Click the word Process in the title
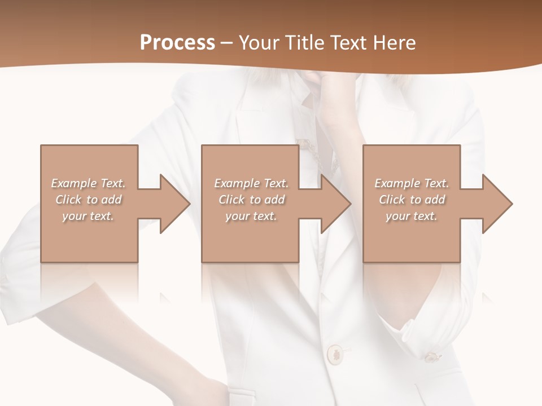pyautogui.click(x=177, y=43)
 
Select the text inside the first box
pyautogui.click(x=89, y=200)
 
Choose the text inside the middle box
pyautogui.click(x=251, y=200)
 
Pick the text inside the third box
pyautogui.click(x=412, y=200)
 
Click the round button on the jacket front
pyautogui.click(x=335, y=354)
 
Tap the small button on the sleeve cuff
pyautogui.click(x=431, y=356)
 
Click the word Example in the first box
pyautogui.click(x=74, y=183)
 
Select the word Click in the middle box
pyautogui.click(x=230, y=200)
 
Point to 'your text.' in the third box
pyautogui.click(x=412, y=216)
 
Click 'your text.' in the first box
pyautogui.click(x=89, y=216)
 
